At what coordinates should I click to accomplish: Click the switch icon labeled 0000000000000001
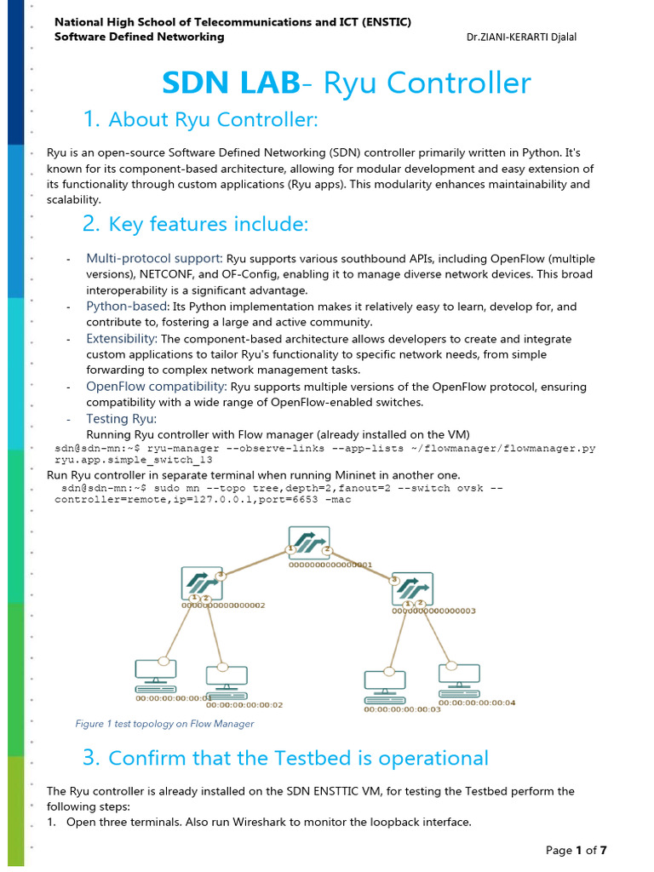coord(308,543)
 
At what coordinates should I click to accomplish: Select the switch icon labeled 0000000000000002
coord(202,584)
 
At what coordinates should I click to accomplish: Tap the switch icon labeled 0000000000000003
coord(413,588)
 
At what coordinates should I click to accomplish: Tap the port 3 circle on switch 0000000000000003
coord(395,579)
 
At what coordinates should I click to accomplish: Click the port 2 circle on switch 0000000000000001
coord(327,549)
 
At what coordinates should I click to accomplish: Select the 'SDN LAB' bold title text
coord(231,83)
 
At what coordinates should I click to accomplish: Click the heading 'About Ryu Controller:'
coord(213,120)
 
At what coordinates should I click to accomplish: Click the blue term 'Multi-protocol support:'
coord(154,258)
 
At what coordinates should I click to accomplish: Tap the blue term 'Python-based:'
coord(127,307)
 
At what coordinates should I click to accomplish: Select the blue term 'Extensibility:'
coord(122,339)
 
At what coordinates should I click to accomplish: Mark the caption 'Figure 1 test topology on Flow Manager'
coord(164,724)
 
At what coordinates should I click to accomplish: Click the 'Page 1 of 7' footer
coord(576,850)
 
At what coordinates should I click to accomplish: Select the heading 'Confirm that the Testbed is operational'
coord(298,758)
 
